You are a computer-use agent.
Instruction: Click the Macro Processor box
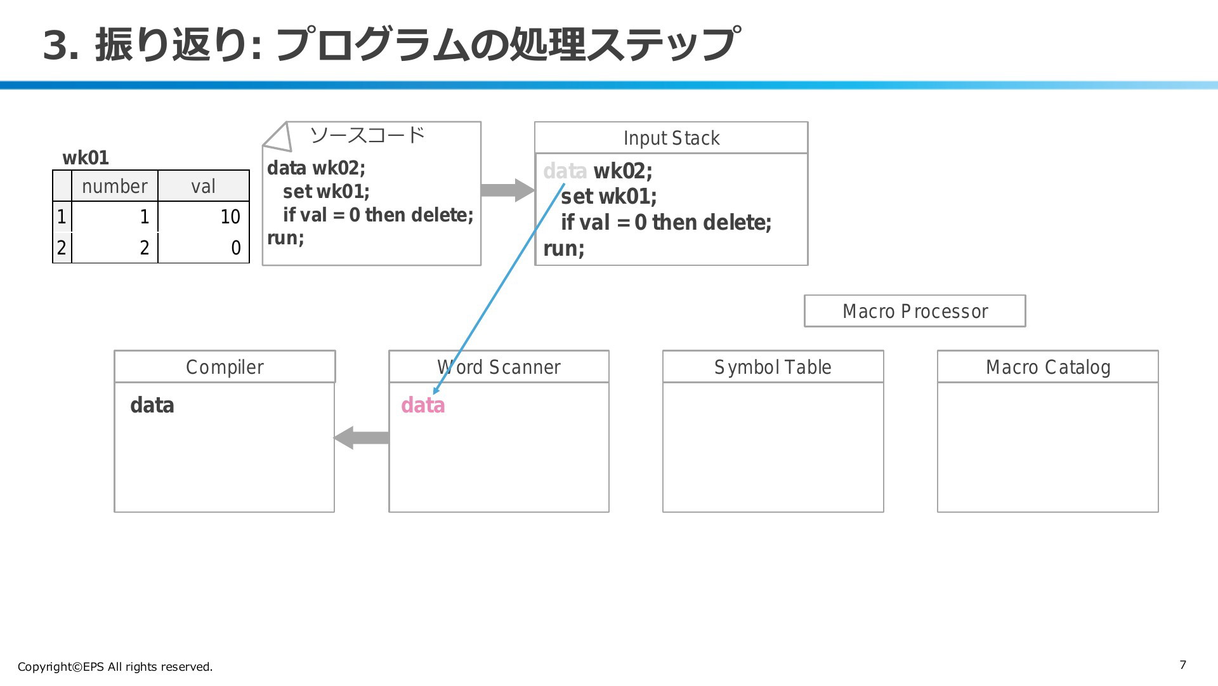tap(915, 311)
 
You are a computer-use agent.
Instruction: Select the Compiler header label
tap(225, 367)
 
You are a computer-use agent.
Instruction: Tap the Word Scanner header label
tap(499, 367)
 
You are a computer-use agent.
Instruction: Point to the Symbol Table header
tap(773, 367)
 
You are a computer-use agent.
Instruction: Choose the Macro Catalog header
tap(1048, 367)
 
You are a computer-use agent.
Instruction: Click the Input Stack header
tap(671, 138)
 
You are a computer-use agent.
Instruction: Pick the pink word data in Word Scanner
tap(423, 405)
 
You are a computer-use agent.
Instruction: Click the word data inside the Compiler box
tap(152, 405)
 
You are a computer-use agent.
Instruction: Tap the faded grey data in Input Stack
tap(565, 171)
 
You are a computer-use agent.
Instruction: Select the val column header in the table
tap(204, 186)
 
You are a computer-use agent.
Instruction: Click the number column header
tap(115, 186)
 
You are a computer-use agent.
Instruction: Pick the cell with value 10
tap(204, 216)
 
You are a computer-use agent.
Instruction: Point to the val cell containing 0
tap(204, 247)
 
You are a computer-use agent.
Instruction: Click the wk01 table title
tap(86, 157)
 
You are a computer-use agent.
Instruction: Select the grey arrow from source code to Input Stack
tap(507, 190)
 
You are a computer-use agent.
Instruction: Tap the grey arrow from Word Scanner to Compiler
tap(362, 437)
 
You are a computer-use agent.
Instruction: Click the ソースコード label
tap(367, 135)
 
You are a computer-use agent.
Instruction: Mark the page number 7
tap(1182, 664)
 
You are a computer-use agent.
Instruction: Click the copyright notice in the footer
tap(115, 666)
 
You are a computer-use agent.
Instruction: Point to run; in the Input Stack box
tap(564, 248)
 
